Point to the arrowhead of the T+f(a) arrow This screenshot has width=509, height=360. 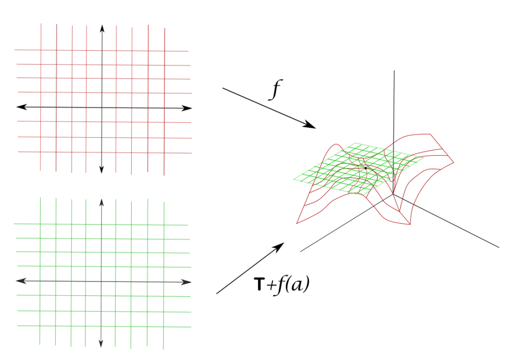281,245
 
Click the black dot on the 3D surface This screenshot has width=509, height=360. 366,168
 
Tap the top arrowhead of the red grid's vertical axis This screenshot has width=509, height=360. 102,28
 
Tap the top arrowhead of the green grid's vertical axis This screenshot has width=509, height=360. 101,202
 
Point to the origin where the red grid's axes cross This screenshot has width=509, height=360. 102,107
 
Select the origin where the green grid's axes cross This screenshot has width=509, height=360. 101,281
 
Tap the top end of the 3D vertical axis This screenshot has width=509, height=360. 394,71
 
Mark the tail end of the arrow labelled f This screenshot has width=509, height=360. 223,88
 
